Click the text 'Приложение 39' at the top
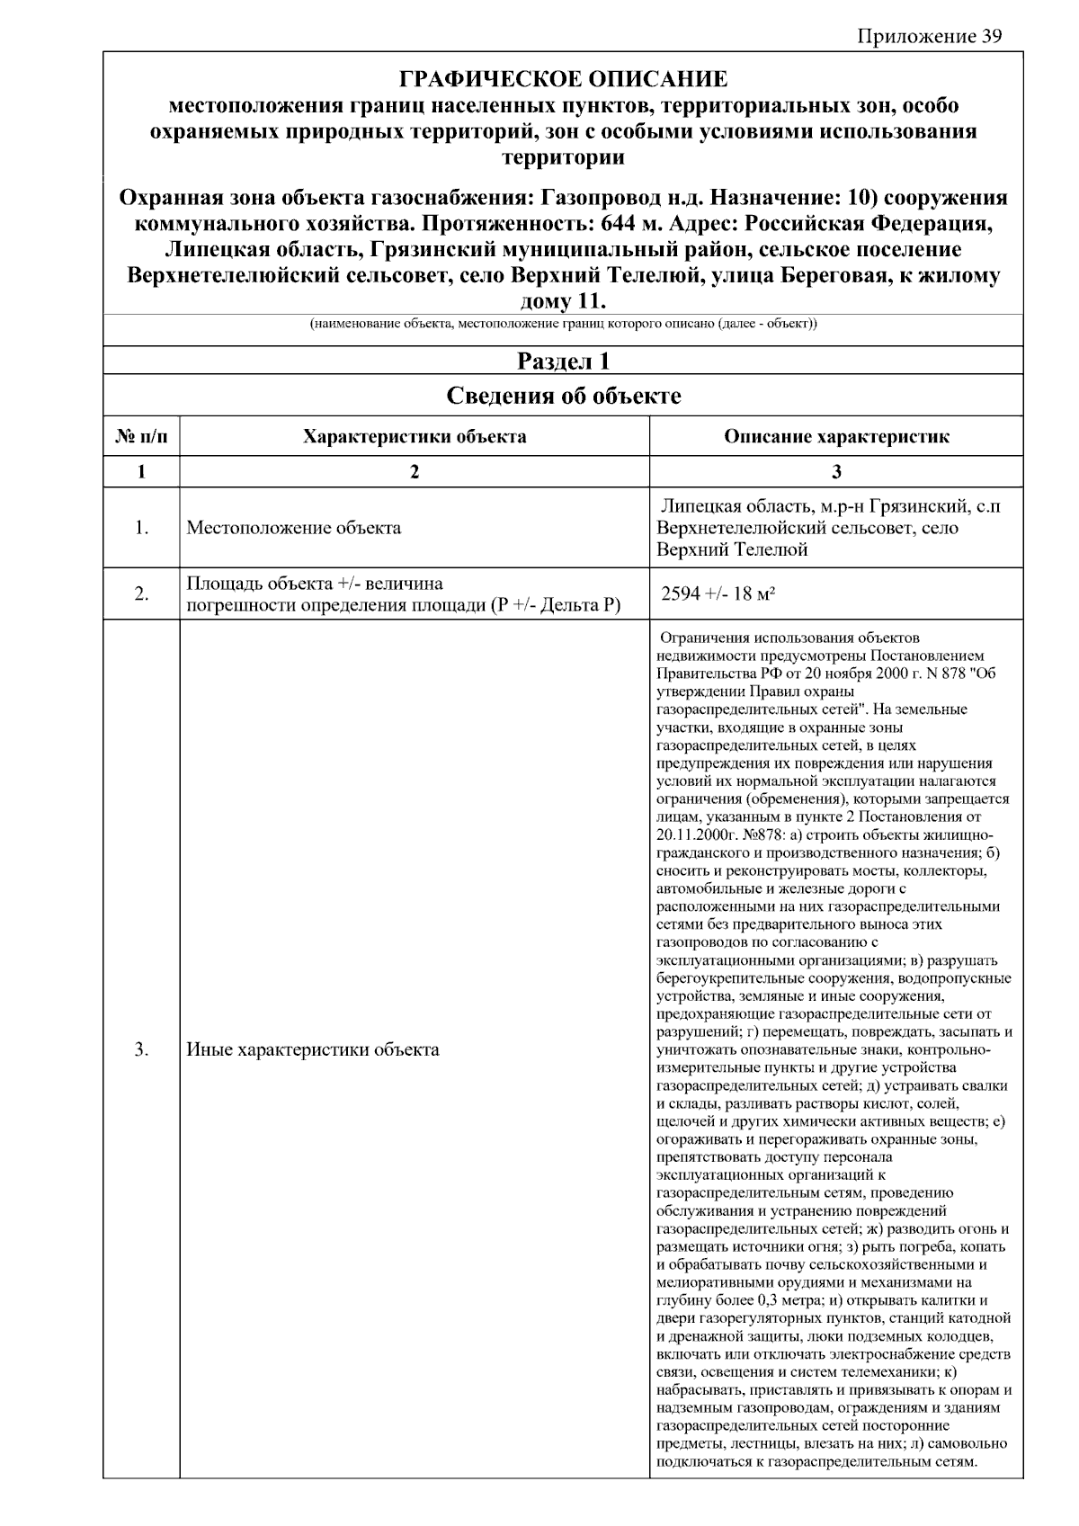tap(929, 36)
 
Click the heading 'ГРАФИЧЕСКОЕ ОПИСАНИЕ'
tap(563, 78)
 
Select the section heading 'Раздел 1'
tap(563, 361)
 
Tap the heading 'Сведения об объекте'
tap(563, 396)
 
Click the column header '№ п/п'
tap(141, 437)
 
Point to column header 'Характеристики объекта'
tap(415, 437)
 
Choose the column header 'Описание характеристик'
tap(836, 437)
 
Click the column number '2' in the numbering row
tap(415, 472)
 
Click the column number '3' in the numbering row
tap(836, 472)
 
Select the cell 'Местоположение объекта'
tap(294, 528)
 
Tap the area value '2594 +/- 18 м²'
tap(718, 593)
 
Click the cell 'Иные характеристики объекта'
tap(313, 1049)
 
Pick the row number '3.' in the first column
tap(141, 1049)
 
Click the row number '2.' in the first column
tap(141, 593)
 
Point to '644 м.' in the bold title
tap(632, 223)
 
